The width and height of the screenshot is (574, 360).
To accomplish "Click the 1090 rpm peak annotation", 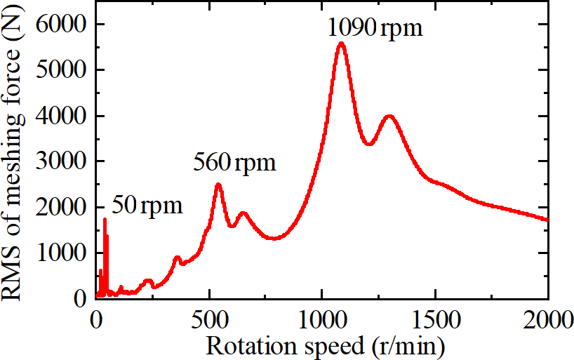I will [x=375, y=29].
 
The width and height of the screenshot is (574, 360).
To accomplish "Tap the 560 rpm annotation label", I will [x=234, y=164].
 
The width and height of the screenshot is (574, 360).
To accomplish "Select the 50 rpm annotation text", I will [x=147, y=206].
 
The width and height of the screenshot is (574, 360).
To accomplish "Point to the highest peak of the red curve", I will [x=341, y=44].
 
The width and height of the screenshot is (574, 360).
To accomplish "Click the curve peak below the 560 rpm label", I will [x=218, y=185].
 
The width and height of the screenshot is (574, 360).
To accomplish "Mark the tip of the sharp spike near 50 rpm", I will [x=105, y=219].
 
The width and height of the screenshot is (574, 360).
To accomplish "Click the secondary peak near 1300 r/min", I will [x=389, y=116].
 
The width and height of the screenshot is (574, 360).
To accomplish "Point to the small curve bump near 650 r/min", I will [x=243, y=213].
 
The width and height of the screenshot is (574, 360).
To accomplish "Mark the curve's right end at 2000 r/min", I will [x=547, y=220].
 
